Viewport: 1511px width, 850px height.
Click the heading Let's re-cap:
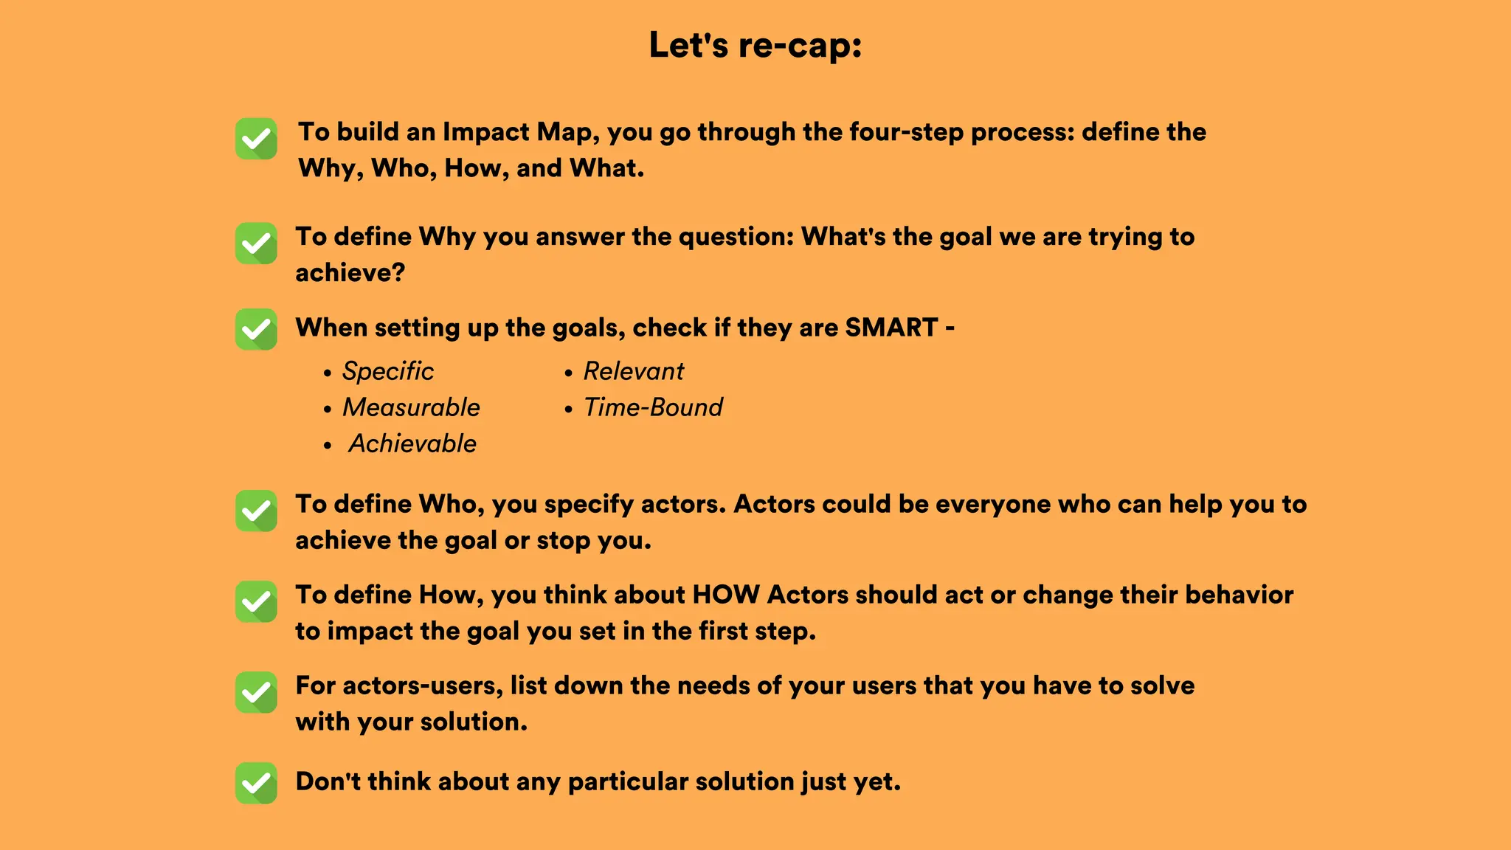point(755,46)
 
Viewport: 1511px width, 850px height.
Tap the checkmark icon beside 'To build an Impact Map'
point(256,139)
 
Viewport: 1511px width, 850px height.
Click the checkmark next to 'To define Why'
point(256,243)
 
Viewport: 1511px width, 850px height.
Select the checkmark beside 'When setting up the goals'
point(256,329)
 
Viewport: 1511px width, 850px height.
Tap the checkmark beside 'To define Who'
point(256,511)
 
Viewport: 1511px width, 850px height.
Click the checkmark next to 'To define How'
point(256,601)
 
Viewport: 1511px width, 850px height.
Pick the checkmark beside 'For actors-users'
point(256,692)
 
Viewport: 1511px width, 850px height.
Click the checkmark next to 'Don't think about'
point(256,783)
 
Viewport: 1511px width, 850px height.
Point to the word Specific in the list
point(388,371)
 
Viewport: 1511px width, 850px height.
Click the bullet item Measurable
point(411,407)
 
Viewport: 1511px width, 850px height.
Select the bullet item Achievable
point(412,443)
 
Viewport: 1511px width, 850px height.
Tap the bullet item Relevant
point(634,371)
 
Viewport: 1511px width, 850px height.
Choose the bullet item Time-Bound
point(653,407)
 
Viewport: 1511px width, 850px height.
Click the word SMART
point(891,328)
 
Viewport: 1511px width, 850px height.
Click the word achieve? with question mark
point(350,273)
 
